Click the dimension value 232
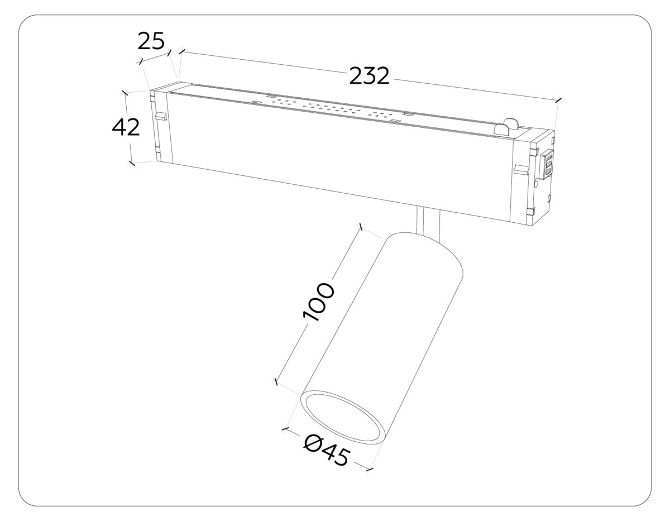tap(369, 76)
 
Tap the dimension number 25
tap(151, 41)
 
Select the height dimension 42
tap(126, 128)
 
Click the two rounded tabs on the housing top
tap(505, 126)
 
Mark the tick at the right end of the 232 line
tap(558, 101)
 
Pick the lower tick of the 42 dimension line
tap(132, 163)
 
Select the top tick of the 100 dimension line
tap(362, 227)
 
